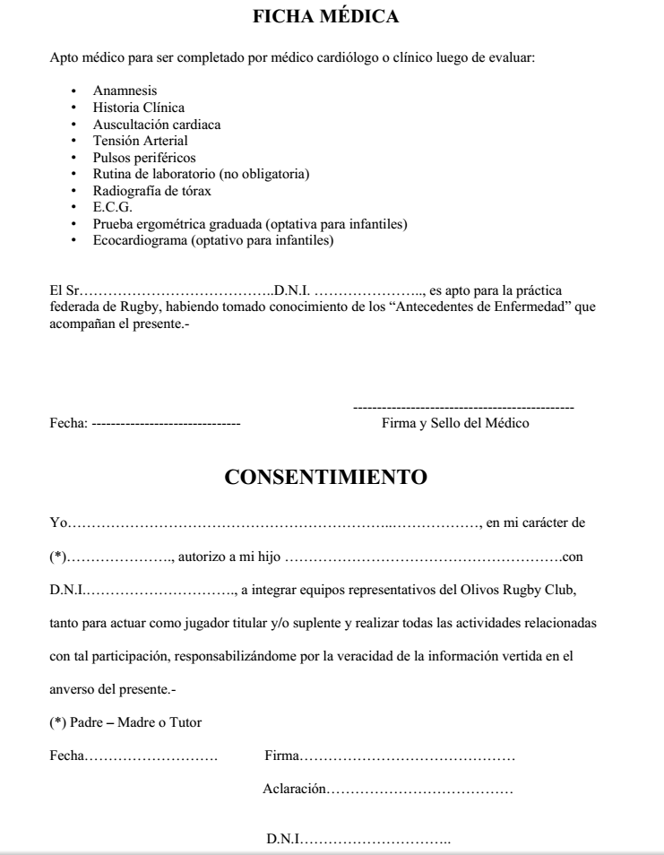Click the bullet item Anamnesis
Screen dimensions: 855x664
coord(124,91)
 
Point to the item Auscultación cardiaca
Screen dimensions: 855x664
coord(157,124)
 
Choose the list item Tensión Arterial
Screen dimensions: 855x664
coord(141,140)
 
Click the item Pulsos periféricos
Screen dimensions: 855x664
coord(144,157)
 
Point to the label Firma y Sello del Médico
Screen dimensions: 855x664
coord(455,423)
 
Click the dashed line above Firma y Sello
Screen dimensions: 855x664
coord(464,409)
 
